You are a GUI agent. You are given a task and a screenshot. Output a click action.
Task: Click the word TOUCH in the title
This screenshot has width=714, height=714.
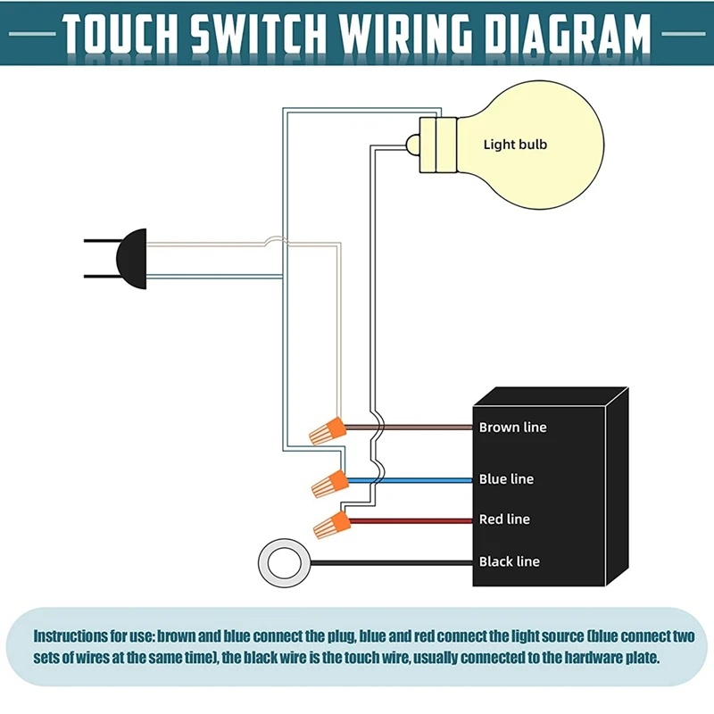tap(120, 33)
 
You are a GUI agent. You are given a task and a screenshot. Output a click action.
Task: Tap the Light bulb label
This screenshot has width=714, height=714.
tap(515, 145)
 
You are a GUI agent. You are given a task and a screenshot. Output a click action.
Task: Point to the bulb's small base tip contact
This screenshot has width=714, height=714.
tap(412, 145)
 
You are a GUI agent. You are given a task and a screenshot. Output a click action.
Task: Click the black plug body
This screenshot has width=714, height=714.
tap(131, 259)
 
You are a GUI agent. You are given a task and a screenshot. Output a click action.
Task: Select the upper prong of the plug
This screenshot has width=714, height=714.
tap(100, 240)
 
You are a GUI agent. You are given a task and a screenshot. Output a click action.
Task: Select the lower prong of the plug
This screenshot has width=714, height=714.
tap(100, 277)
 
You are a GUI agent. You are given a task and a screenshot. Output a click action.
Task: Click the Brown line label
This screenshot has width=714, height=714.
tap(512, 428)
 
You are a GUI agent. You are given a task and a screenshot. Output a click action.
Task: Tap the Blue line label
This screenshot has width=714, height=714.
tap(506, 479)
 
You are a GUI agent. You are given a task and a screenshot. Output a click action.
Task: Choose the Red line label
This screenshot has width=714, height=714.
tap(504, 519)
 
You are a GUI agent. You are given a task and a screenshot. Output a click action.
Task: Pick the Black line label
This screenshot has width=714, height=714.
tap(510, 561)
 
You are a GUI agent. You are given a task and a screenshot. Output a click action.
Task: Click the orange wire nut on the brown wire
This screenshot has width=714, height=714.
tap(328, 431)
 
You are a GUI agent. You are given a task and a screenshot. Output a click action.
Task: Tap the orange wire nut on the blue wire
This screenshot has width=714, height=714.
tap(330, 484)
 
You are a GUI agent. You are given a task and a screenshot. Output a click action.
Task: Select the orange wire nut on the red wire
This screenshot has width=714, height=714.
tap(332, 525)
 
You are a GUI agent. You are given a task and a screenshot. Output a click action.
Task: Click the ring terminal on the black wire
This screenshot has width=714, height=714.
tap(285, 563)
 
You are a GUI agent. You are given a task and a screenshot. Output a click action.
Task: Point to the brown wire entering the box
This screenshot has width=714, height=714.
tap(409, 428)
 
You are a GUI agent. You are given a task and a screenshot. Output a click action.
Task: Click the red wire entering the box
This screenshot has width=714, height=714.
tap(411, 521)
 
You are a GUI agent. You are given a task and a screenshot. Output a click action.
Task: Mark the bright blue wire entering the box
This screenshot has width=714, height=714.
tap(410, 480)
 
